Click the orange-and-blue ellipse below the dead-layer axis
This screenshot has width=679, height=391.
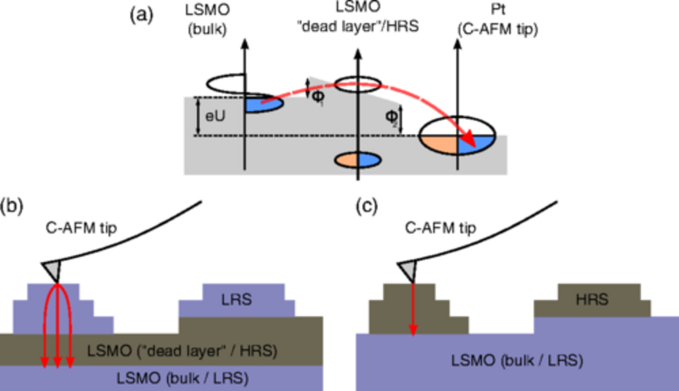[360, 159]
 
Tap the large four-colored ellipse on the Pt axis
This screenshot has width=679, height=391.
[458, 135]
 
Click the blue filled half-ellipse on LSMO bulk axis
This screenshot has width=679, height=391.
[255, 104]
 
